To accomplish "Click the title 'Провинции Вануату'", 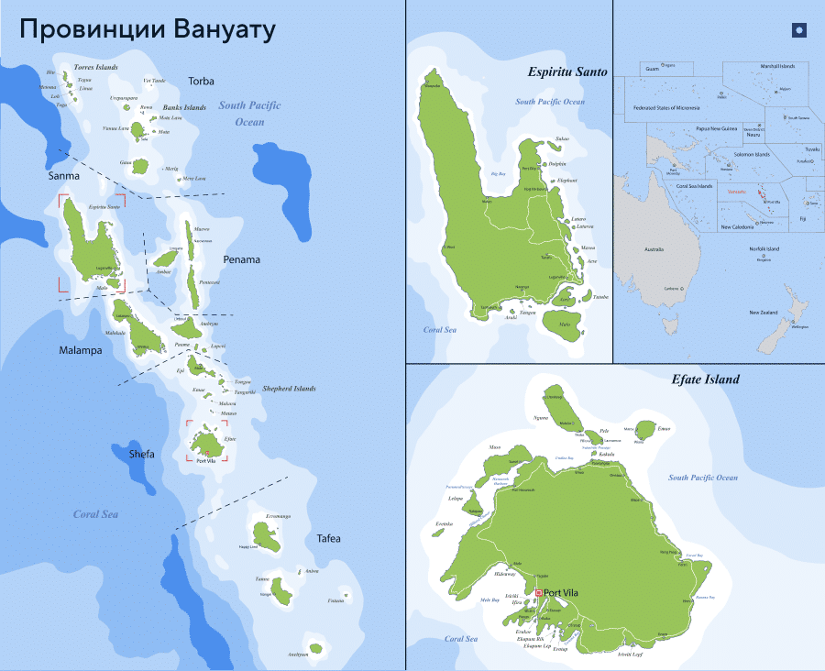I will tap(147, 29).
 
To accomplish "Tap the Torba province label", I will tap(201, 82).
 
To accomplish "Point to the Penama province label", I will tap(241, 259).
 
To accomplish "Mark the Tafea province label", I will tap(328, 538).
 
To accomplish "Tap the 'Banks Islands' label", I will tap(184, 107).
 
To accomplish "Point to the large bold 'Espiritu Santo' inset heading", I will tap(567, 71).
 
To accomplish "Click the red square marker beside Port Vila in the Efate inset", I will tap(539, 592).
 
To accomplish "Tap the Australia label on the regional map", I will tap(654, 249).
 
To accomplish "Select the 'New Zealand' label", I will tap(764, 313).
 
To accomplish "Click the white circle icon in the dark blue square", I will tap(798, 30).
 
